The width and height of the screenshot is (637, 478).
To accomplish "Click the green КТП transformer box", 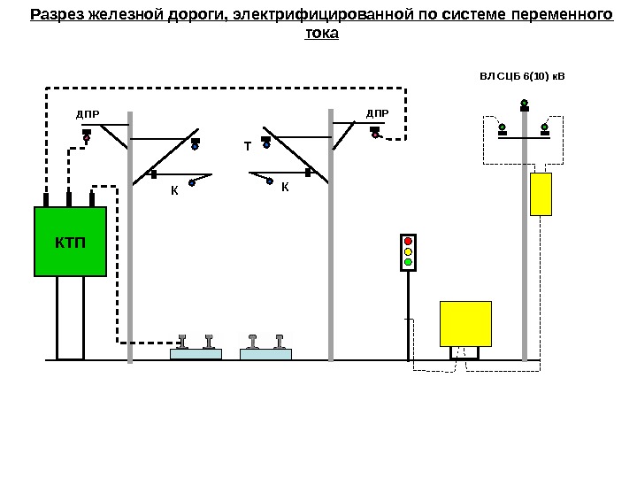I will pyautogui.click(x=69, y=242).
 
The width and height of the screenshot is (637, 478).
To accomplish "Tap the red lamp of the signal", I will pyautogui.click(x=408, y=241).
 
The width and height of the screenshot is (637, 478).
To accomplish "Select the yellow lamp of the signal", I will pyautogui.click(x=408, y=251).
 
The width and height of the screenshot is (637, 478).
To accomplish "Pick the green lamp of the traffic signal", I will pyautogui.click(x=408, y=262).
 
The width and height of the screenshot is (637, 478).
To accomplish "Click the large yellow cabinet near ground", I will pyautogui.click(x=465, y=323).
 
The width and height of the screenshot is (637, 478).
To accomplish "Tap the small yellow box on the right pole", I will pyautogui.click(x=541, y=194).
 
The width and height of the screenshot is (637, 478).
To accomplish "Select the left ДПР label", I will pyautogui.click(x=88, y=114).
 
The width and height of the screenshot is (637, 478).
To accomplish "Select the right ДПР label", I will pyautogui.click(x=377, y=114).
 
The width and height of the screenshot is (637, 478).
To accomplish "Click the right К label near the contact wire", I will pyautogui.click(x=285, y=188).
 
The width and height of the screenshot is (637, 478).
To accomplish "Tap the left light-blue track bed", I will pyautogui.click(x=196, y=354).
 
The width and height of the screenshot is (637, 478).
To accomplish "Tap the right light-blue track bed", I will pyautogui.click(x=266, y=354).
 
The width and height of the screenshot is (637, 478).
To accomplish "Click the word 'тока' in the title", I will pyautogui.click(x=321, y=33).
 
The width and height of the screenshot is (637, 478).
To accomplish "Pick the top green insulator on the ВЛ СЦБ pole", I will pyautogui.click(x=525, y=103).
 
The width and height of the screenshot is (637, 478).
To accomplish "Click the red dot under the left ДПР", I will pyautogui.click(x=87, y=138).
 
